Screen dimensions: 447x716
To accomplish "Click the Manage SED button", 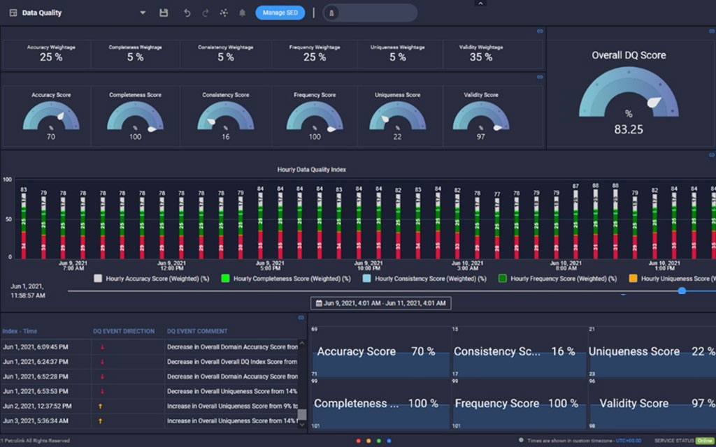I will click(x=280, y=13).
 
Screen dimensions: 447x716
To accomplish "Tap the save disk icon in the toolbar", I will click(x=164, y=13).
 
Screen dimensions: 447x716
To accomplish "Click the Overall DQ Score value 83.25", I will click(x=628, y=129).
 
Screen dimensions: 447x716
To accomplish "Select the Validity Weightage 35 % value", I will click(x=480, y=57).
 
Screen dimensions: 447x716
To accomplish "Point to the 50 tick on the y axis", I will click(x=7, y=219).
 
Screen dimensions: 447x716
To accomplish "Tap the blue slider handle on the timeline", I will click(x=682, y=291).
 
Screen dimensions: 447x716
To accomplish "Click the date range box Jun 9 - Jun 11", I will click(x=380, y=304).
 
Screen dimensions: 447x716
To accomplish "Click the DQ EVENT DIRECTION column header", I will click(x=124, y=331).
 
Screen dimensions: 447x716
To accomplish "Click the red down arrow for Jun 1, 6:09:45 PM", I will click(x=102, y=346).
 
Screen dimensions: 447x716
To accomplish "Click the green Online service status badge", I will click(x=704, y=441).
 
